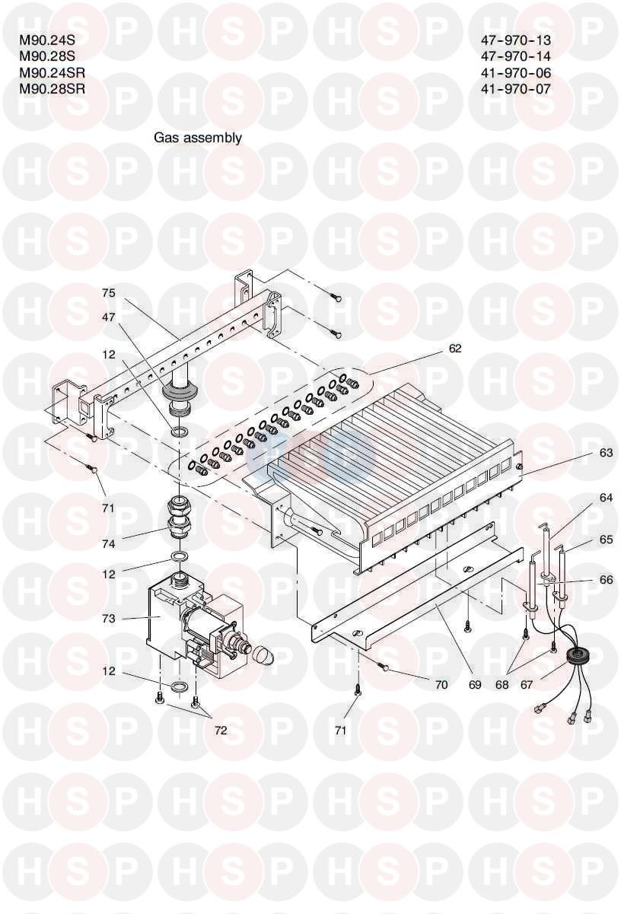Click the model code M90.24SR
[x=53, y=72]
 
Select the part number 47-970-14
[x=516, y=56]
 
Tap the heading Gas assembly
[x=197, y=138]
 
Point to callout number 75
[x=110, y=293]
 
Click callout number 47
[x=110, y=317]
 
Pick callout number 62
[x=455, y=348]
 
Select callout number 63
[x=606, y=453]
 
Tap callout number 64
[x=606, y=498]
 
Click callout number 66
[x=606, y=579]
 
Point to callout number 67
[x=527, y=684]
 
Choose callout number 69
[x=475, y=684]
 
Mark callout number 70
[x=441, y=684]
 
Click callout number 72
[x=221, y=731]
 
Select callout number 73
[x=110, y=618]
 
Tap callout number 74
[x=110, y=543]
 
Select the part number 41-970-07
[x=516, y=88]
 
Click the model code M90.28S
[x=47, y=56]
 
